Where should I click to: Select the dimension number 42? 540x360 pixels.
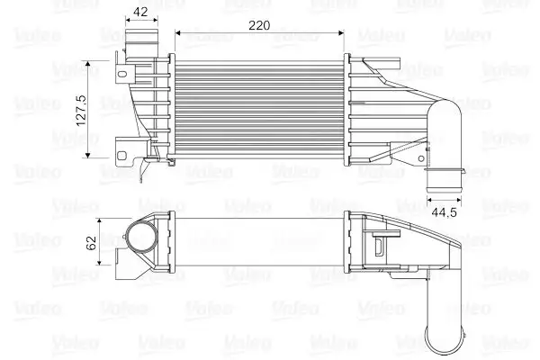point(139,12)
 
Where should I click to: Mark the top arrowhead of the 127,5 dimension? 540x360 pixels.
point(88,62)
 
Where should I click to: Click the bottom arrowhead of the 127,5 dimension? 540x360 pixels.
point(88,155)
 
